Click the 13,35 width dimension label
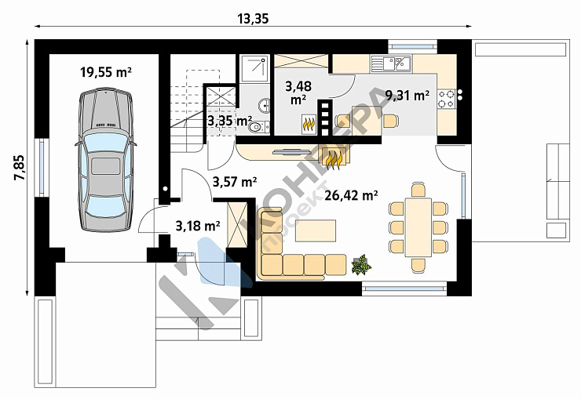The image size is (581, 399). (x=253, y=19)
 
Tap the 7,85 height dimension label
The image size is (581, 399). (x=20, y=168)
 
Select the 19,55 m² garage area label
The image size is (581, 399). (x=106, y=72)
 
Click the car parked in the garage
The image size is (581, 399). (x=106, y=159)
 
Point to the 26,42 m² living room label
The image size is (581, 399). (x=351, y=195)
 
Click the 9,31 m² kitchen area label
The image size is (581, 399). (x=407, y=96)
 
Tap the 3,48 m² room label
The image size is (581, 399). (x=298, y=92)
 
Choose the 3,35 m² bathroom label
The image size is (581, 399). (x=229, y=120)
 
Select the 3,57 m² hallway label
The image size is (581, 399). (x=235, y=182)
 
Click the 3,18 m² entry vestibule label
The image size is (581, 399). (x=198, y=225)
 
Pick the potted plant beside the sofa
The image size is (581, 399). (x=361, y=264)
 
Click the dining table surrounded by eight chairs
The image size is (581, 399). (x=418, y=227)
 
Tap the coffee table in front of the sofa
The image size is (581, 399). (x=316, y=230)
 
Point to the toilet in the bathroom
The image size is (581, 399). (x=258, y=127)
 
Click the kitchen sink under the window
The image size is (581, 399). (x=391, y=63)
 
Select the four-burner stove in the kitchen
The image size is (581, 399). (x=446, y=99)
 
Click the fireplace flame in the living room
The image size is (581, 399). (x=333, y=157)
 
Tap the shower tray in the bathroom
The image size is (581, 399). (x=254, y=69)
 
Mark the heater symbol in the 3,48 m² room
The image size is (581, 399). (x=309, y=125)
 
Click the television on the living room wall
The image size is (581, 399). (x=291, y=151)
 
